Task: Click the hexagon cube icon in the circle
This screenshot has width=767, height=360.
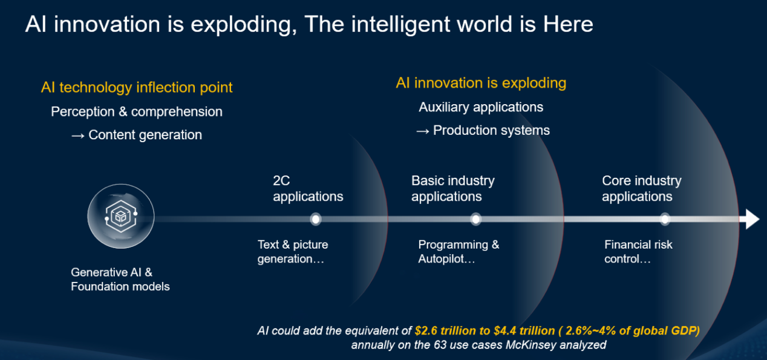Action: [121, 217]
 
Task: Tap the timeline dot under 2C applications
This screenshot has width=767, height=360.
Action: [315, 219]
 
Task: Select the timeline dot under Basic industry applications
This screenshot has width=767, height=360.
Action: [475, 219]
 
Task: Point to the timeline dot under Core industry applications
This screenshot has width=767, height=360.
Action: [665, 219]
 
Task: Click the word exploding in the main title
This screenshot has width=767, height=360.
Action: [243, 25]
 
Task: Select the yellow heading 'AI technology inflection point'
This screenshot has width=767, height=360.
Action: [137, 88]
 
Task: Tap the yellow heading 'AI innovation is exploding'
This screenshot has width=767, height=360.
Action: [481, 83]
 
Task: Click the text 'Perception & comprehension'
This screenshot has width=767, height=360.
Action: [137, 112]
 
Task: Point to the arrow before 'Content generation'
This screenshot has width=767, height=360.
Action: [77, 136]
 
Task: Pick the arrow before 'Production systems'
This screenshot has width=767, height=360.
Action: [423, 131]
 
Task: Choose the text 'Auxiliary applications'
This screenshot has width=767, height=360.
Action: [481, 108]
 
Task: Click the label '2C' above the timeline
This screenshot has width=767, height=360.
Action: [281, 180]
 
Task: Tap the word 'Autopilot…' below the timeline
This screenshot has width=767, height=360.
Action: [446, 259]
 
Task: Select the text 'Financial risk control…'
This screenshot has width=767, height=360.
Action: [638, 252]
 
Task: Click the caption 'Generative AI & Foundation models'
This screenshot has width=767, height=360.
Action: [120, 280]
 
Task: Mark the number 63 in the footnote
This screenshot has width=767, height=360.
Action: [440, 345]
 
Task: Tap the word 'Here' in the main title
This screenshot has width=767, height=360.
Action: [568, 25]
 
